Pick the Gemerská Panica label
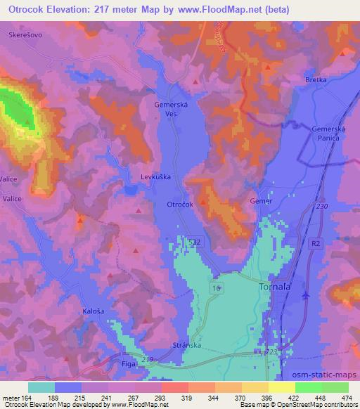pos(328,134)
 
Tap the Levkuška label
pos(156,178)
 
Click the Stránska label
pos(186,346)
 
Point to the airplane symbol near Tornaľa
pos(306,295)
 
